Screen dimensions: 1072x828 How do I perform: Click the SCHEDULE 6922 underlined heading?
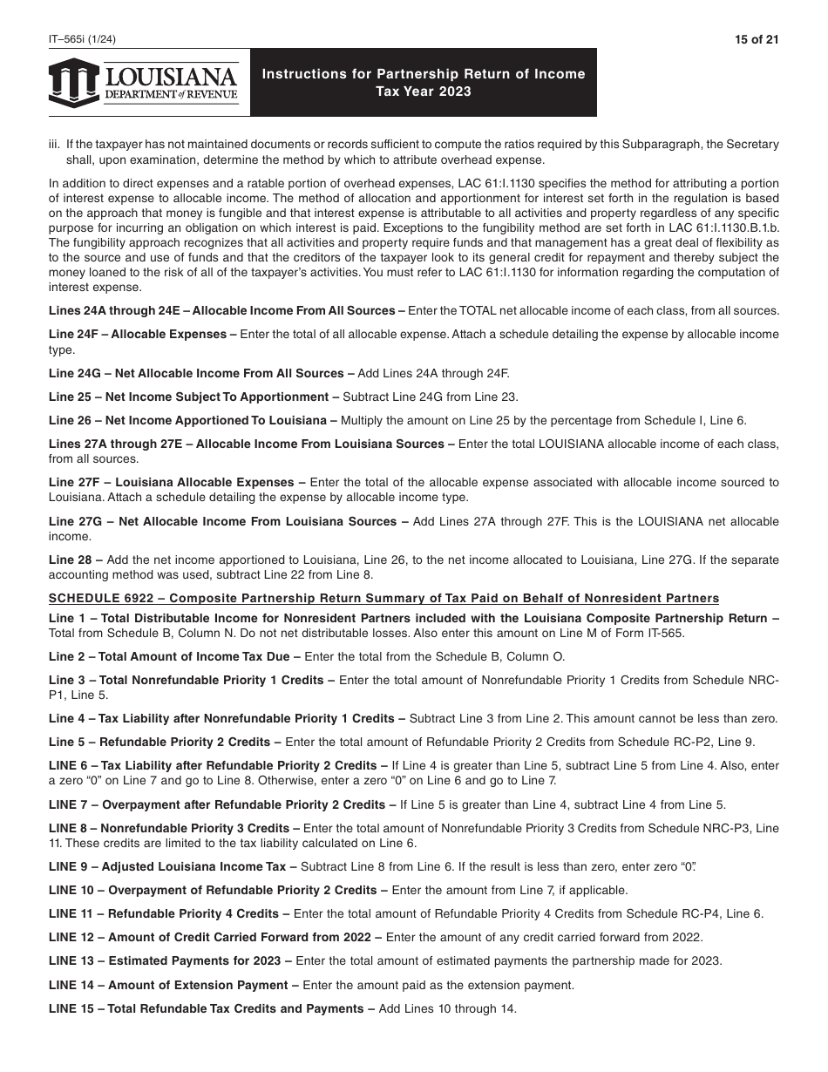pyautogui.click(x=383, y=598)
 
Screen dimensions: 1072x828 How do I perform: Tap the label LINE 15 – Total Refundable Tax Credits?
pyautogui.click(x=206, y=1008)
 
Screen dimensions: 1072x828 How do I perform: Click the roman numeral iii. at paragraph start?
pyautogui.click(x=55, y=144)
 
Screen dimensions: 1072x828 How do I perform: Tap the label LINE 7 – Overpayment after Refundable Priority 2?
pyautogui.click(x=217, y=804)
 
